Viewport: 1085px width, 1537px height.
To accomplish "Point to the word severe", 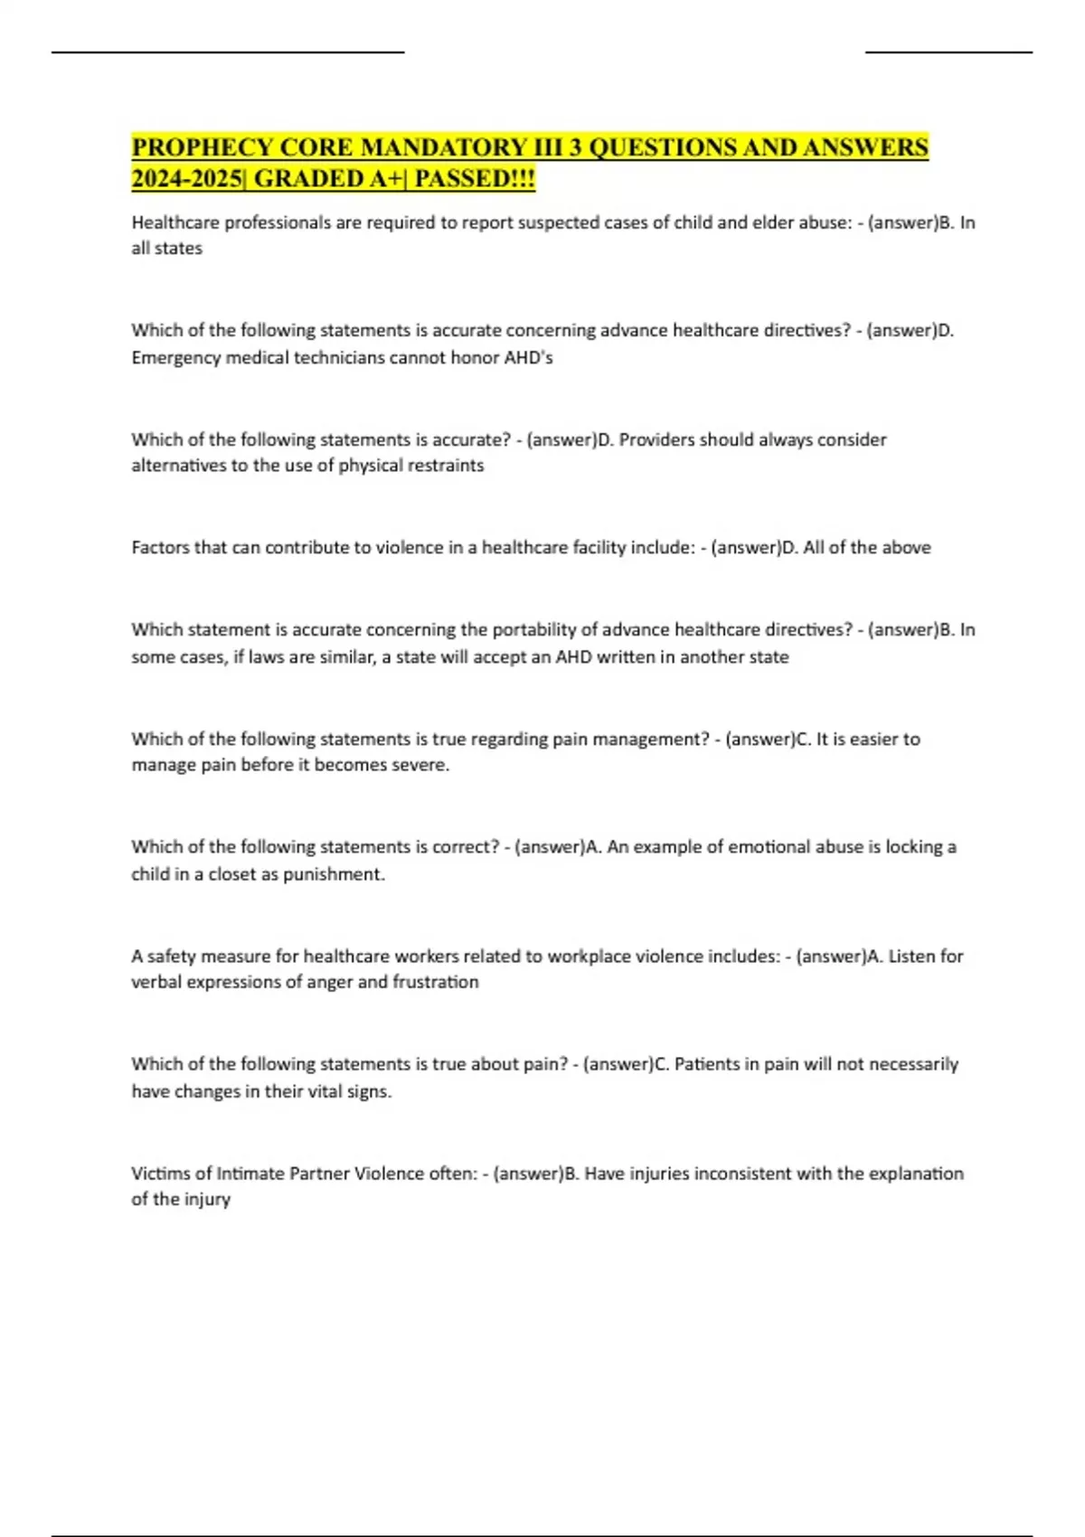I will coord(423,765).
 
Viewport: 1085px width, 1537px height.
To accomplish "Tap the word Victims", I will coord(160,1174).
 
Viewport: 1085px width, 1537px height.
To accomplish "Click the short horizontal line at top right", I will coord(948,52).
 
